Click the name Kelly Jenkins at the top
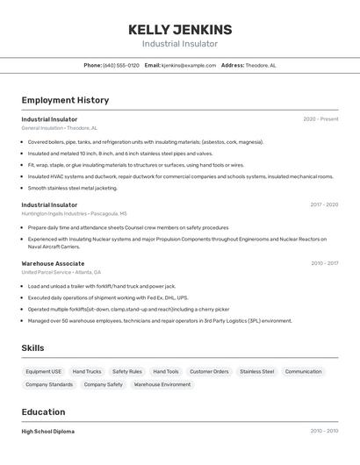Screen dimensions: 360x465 [180, 29]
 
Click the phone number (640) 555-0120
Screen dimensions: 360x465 [121, 65]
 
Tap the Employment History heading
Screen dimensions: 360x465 [65, 100]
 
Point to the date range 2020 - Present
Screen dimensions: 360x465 [320, 119]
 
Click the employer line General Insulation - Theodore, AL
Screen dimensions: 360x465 [60, 128]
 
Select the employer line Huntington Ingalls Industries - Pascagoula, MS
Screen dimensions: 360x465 [75, 213]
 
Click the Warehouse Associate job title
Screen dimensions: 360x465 [53, 263]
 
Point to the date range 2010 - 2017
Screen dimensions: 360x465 [324, 263]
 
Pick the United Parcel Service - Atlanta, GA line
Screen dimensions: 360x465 [61, 272]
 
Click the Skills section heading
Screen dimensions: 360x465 [33, 348]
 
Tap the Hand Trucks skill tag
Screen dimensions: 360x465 [87, 371]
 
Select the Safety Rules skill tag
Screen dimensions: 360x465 [127, 371]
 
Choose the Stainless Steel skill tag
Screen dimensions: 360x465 [256, 371]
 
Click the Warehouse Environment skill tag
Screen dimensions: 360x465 [162, 384]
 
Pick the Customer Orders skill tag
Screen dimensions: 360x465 [209, 371]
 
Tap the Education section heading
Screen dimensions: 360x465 [43, 411]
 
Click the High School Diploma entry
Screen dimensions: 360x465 [48, 432]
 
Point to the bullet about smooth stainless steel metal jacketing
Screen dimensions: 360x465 [73, 188]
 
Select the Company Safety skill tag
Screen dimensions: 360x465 [103, 384]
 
